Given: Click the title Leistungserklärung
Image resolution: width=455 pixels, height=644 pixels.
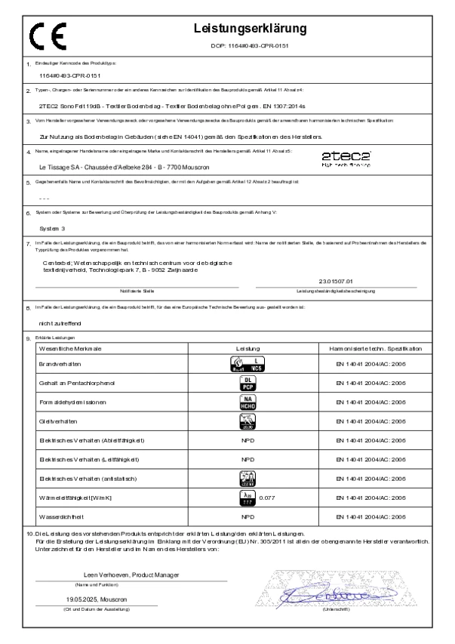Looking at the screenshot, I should click(250, 29).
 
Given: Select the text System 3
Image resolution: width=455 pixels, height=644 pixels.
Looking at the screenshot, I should click(53, 226).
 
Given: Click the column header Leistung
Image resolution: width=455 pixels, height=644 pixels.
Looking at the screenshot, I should click(247, 349).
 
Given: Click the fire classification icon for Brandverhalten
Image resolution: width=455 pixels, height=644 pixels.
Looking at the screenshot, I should click(248, 363).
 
